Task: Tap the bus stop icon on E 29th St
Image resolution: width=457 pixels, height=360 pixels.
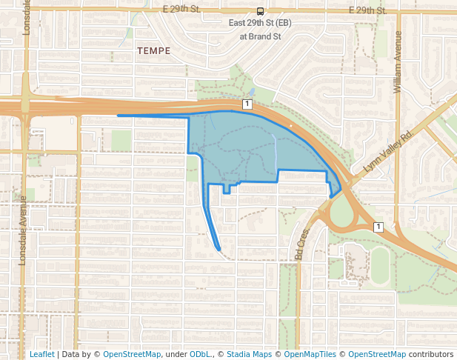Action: (x=260, y=11)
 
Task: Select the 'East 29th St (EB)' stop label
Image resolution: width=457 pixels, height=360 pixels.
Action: (x=259, y=24)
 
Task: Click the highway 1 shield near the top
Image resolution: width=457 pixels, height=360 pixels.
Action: (x=247, y=104)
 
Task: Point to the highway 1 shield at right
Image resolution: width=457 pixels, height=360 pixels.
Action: (x=378, y=226)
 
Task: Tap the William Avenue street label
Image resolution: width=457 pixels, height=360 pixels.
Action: (x=398, y=62)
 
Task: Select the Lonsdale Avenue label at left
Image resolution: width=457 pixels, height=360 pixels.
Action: (x=22, y=230)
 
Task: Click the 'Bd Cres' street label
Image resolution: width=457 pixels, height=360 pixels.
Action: (x=301, y=244)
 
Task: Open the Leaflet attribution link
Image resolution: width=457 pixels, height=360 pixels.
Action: (x=41, y=354)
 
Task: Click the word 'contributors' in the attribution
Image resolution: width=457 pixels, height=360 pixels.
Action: (x=431, y=354)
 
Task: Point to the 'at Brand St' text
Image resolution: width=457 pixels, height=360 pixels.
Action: (x=259, y=35)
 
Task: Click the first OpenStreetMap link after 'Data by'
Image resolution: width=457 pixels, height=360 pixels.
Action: (x=132, y=354)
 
